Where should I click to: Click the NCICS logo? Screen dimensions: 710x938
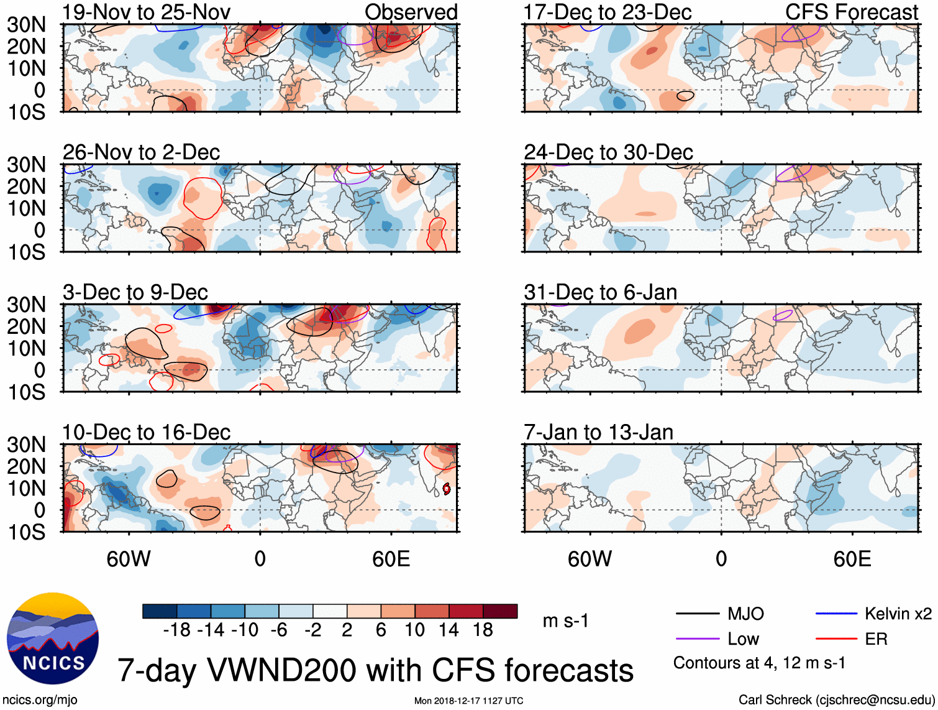(53, 639)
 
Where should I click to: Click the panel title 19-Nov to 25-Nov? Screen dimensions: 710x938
(147, 12)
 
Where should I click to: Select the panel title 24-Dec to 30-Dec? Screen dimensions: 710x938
(608, 152)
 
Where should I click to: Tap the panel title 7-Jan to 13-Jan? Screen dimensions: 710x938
(598, 432)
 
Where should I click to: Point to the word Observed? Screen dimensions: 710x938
(411, 12)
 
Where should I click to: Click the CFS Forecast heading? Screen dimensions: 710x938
(851, 12)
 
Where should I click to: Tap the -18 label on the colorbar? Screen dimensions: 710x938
(176, 630)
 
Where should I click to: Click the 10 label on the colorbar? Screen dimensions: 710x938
(414, 630)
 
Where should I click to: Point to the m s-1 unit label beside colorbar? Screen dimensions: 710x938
(565, 621)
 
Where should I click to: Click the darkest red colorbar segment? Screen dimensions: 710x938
(500, 611)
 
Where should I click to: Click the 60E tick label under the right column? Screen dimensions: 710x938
(852, 559)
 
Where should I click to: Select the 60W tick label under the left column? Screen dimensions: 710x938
(129, 559)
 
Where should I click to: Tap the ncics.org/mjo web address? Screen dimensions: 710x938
(40, 700)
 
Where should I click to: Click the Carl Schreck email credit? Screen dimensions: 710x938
(836, 700)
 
